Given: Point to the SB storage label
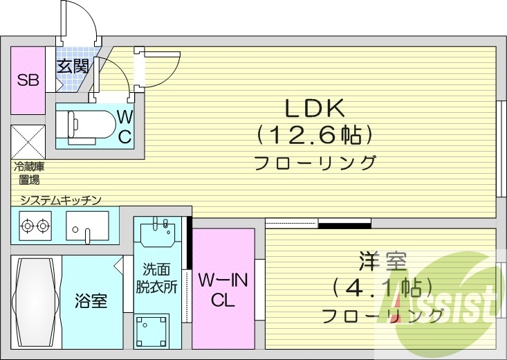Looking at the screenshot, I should [x=28, y=80].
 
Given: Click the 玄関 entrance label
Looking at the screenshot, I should [x=72, y=67].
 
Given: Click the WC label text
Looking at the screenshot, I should [x=125, y=127].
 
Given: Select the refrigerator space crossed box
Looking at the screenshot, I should [x=28, y=141].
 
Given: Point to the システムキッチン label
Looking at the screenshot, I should [x=61, y=200].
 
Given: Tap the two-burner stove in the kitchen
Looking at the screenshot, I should [x=35, y=225].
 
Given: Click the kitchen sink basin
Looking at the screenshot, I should [x=87, y=225].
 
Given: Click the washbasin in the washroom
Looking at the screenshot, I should [x=160, y=232].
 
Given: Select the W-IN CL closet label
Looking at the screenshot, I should [x=223, y=291].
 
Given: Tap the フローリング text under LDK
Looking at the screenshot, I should [x=315, y=163].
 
